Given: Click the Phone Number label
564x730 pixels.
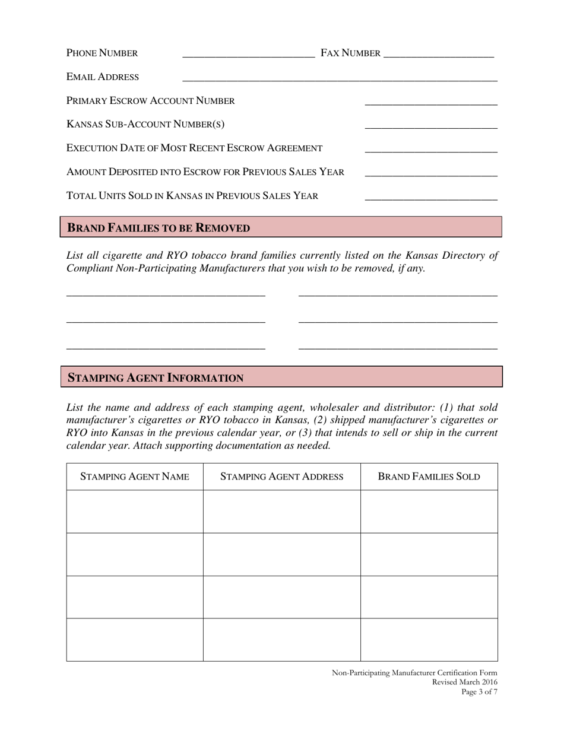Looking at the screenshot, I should [x=102, y=53].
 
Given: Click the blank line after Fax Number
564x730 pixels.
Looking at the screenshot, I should [x=439, y=55].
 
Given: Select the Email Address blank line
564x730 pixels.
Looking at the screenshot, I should [x=340, y=78].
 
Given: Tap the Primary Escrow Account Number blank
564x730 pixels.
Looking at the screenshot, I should [x=430, y=103].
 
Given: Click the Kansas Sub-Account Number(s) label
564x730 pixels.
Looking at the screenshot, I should [x=145, y=125].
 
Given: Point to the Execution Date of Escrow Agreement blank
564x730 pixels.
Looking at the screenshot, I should [x=430, y=150].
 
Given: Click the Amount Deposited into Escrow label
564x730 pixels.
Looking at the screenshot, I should [x=205, y=172].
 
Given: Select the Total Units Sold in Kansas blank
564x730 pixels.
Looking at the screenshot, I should [x=430, y=198].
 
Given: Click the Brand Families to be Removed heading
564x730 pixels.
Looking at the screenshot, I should [x=159, y=228].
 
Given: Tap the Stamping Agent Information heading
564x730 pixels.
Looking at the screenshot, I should [x=156, y=377].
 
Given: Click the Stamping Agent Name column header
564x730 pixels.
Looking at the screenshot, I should [x=135, y=477].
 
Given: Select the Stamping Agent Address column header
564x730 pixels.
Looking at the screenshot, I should [x=282, y=477].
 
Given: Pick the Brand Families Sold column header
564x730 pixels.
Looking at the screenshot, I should [x=429, y=477].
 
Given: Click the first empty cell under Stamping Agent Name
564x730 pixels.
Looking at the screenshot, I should [x=135, y=512].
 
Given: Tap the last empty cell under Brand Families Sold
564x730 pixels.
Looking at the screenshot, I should [x=429, y=640].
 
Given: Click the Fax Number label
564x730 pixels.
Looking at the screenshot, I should [x=350, y=53].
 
